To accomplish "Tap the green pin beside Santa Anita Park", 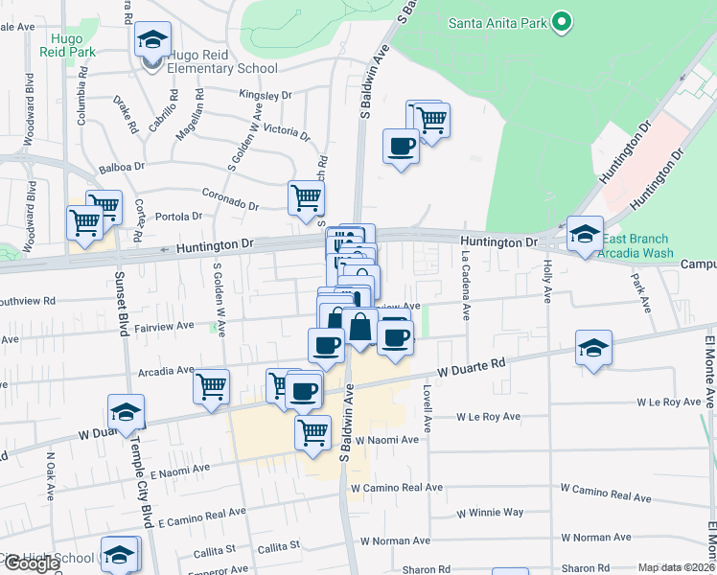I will tap(562, 21).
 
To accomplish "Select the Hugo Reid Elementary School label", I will tap(222, 68).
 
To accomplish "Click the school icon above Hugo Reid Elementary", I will tap(152, 39).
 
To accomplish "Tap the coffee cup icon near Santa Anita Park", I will tap(401, 147).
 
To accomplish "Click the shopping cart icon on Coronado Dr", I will tap(307, 198).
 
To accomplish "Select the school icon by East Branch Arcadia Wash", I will tap(584, 233).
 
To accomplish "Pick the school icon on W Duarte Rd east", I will tap(594, 348).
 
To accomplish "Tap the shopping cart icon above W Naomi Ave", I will tap(312, 433).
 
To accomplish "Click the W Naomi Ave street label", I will tap(387, 440).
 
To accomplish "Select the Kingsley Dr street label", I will tap(266, 96).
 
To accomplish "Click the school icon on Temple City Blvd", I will tap(126, 412).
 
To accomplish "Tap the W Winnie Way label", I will tap(490, 513).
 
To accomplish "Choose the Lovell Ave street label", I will tap(428, 408).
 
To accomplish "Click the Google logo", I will tap(31, 563).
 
